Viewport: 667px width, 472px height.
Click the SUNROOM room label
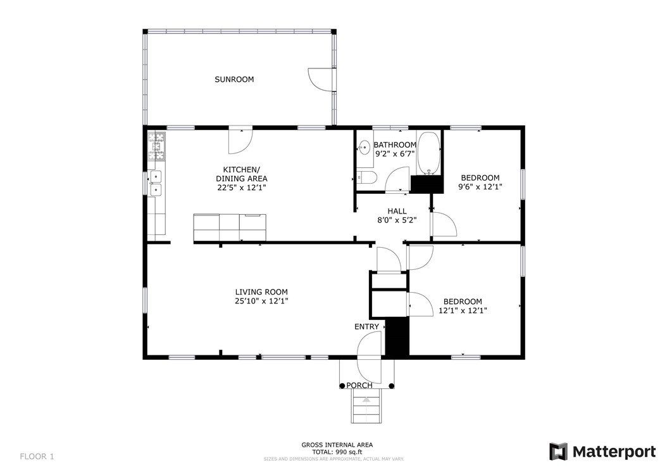tap(234, 79)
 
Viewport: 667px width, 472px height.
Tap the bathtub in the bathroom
tap(428, 153)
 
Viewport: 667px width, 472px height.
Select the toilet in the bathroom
tap(366, 177)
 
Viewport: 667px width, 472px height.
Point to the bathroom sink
tap(364, 148)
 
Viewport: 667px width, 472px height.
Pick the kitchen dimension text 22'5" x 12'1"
tap(242, 188)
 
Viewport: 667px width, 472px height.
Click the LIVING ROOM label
tap(261, 292)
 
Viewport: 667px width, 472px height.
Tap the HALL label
tap(397, 211)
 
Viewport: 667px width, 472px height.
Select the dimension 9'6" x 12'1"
tap(480, 187)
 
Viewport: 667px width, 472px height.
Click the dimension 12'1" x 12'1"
tap(463, 310)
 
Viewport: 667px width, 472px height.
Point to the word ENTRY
tap(366, 326)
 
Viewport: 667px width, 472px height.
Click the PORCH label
tap(359, 386)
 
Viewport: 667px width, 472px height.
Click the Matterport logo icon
tap(559, 452)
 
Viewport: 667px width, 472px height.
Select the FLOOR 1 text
tap(37, 457)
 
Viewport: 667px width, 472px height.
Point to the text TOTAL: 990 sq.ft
tap(337, 452)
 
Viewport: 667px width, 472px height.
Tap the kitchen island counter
tap(230, 227)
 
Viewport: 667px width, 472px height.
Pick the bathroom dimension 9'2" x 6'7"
tap(395, 154)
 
